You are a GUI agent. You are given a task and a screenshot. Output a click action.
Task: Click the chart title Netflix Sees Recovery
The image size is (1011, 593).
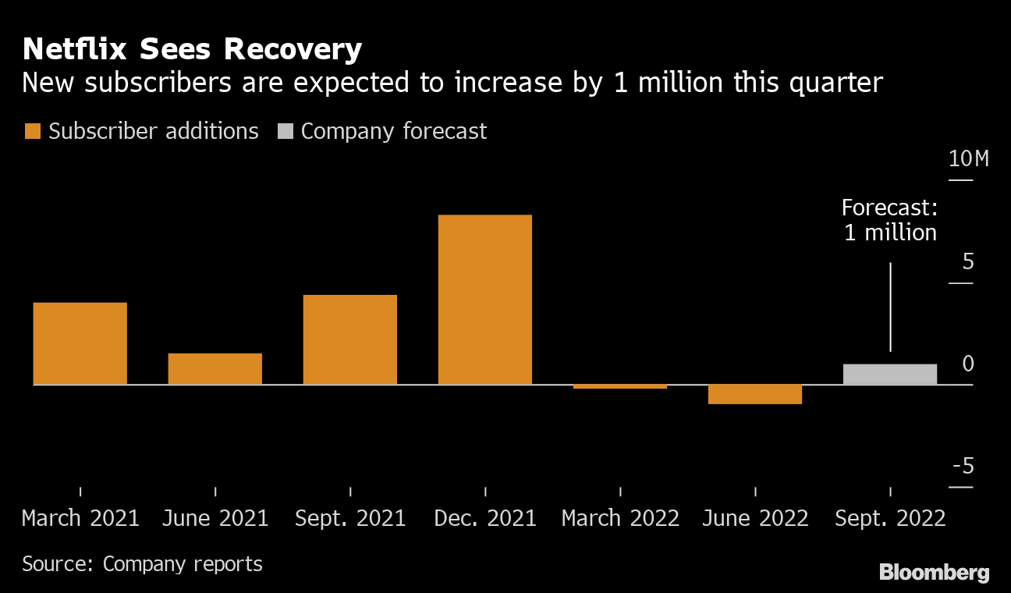[x=192, y=50]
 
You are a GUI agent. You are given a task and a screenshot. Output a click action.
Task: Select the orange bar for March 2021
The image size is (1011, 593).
[x=80, y=343]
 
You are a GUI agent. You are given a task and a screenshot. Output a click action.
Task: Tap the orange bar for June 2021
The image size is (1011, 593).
[x=215, y=369]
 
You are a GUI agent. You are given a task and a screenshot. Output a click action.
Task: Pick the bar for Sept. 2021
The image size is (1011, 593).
[x=350, y=339]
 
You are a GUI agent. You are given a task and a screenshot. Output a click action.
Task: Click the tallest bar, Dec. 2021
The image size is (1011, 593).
[x=485, y=300]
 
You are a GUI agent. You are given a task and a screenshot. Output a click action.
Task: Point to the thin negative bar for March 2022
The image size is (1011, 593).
[x=620, y=386]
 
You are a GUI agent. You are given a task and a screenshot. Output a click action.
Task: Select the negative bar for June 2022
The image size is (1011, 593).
[x=755, y=394]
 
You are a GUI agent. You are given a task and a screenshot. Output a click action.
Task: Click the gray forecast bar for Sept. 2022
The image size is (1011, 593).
[x=890, y=375]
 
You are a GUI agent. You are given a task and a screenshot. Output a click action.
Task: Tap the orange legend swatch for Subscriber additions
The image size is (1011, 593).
[x=32, y=131]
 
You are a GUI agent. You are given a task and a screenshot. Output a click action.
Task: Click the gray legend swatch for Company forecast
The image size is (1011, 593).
[x=286, y=131]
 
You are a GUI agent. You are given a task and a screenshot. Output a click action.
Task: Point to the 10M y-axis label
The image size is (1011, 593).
[x=969, y=159]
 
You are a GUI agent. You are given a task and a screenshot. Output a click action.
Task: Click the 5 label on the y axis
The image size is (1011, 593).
[x=968, y=261]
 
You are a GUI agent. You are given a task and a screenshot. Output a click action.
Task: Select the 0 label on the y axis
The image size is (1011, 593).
[x=968, y=364]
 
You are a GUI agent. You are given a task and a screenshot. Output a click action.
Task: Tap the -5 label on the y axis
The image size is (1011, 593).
[x=963, y=467]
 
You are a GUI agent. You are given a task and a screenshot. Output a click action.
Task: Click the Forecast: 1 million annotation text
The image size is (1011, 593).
[x=890, y=220]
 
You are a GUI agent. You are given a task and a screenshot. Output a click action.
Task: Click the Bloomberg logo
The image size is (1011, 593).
[x=935, y=573]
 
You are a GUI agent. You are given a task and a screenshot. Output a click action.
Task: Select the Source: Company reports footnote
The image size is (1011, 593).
[x=142, y=563]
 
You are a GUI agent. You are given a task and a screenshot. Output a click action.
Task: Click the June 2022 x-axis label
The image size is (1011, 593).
[x=755, y=518]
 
